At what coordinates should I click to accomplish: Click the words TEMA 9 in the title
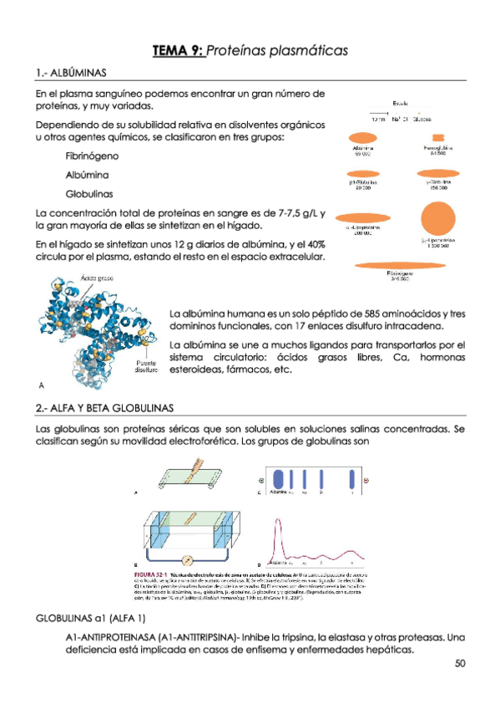(177, 51)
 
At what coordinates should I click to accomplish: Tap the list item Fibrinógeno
(92, 156)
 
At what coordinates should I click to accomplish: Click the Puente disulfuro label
(147, 366)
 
